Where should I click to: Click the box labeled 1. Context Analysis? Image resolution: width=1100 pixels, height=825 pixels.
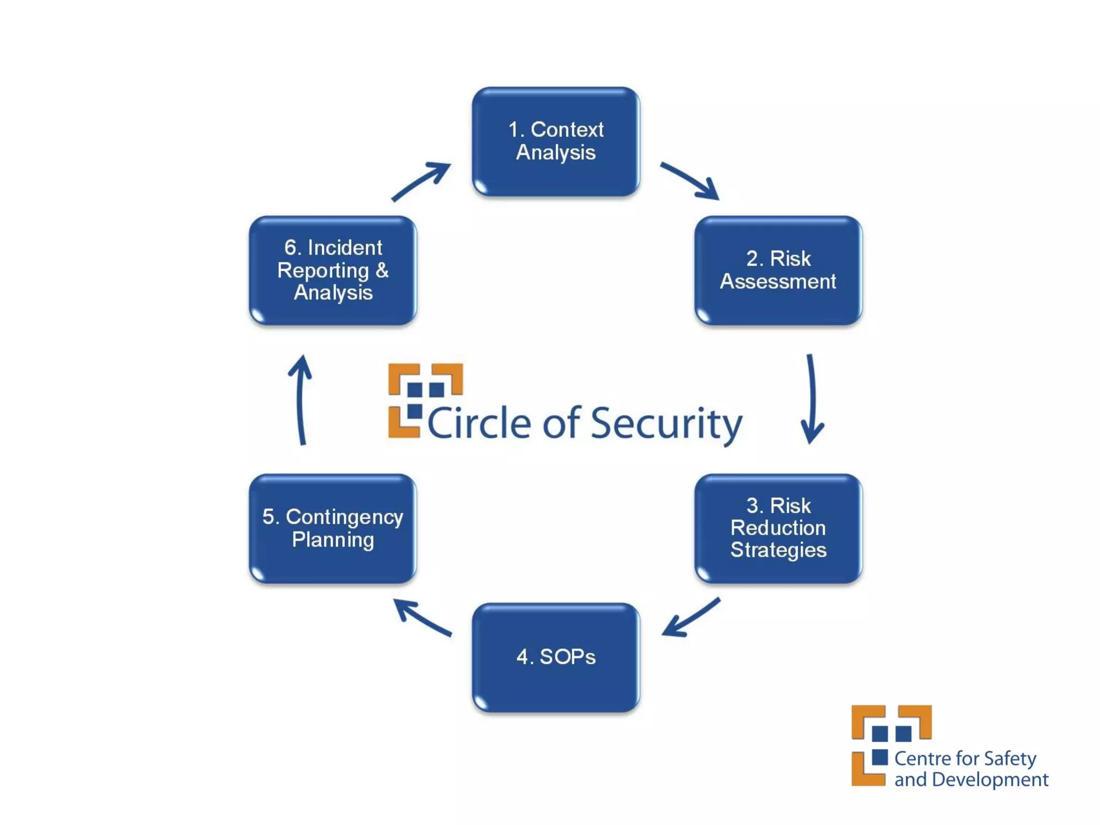(556, 141)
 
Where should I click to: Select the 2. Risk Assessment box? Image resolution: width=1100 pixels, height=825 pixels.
(778, 270)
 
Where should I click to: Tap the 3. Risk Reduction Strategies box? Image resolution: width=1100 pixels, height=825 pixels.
(778, 528)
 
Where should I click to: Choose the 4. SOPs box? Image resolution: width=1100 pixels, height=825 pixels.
(556, 657)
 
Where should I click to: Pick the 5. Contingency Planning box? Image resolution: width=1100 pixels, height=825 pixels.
(333, 528)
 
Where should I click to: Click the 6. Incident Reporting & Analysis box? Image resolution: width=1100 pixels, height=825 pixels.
(333, 270)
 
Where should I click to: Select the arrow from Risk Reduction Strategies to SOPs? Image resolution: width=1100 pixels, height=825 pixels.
(690, 618)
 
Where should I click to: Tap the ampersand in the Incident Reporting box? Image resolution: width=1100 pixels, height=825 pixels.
(382, 270)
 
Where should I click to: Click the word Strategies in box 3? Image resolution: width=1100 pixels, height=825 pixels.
(778, 550)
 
